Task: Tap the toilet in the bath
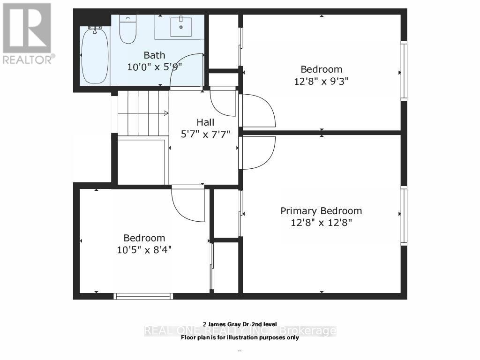127,30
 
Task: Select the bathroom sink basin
180,27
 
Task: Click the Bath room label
154,55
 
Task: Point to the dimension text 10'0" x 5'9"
154,67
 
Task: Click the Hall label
205,122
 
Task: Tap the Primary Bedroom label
321,211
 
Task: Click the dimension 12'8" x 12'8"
321,222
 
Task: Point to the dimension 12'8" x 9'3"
321,81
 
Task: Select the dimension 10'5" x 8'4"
144,249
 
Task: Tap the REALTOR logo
27,33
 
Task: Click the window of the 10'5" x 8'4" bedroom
143,296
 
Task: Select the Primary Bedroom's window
404,215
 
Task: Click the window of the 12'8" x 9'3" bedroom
404,71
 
